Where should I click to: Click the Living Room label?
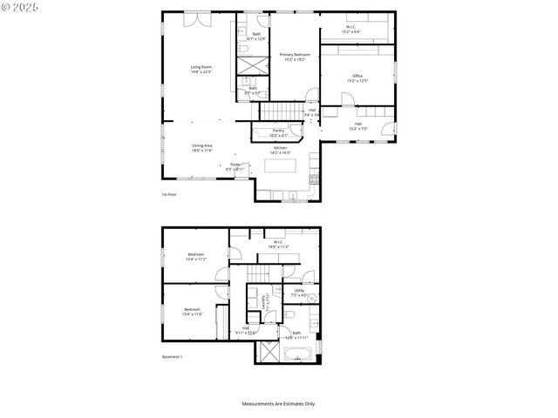[x=201, y=70]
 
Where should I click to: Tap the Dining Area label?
[x=202, y=147]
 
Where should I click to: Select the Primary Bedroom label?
[x=295, y=57]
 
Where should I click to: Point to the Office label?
[x=357, y=78]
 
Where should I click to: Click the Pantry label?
[x=278, y=133]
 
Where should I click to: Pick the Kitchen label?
[x=280, y=150]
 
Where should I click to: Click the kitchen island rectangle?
[x=281, y=165]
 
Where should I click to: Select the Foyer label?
[x=235, y=166]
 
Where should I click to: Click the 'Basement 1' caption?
[x=172, y=357]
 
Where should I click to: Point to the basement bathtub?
[x=299, y=354]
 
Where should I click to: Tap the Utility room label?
[x=299, y=293]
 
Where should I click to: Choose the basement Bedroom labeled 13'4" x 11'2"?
[x=195, y=257]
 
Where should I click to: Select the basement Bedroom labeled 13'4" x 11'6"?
[x=193, y=312]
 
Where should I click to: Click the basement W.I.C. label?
[x=278, y=245]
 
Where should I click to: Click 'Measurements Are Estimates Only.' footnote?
[x=279, y=403]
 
